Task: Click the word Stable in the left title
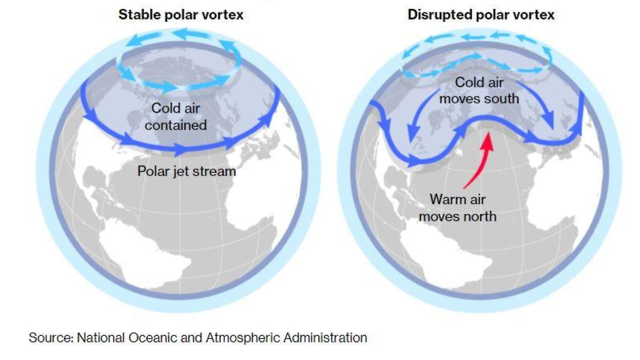tap(135, 15)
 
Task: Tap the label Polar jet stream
tap(186, 171)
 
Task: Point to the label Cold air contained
tap(175, 116)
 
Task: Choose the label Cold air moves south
tap(479, 90)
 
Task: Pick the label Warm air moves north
tap(457, 208)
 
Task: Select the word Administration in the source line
tap(325, 337)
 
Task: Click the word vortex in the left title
tap(223, 15)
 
